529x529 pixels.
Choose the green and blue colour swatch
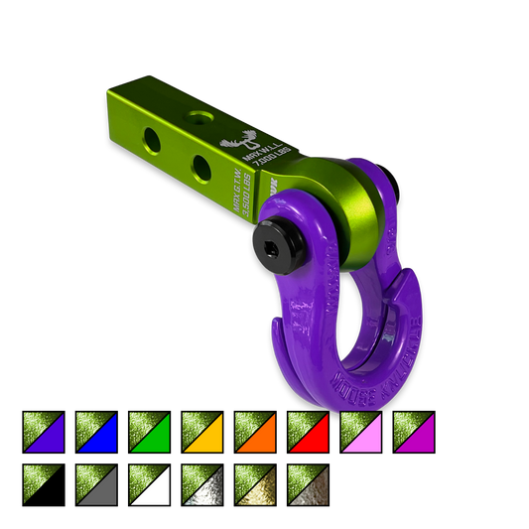(96, 432)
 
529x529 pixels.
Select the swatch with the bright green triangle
(149, 432)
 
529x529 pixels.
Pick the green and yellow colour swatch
(201, 432)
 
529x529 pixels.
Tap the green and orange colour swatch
(254, 432)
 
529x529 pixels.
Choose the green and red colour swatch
(307, 432)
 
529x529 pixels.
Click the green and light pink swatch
(359, 432)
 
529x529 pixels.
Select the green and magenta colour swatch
(412, 432)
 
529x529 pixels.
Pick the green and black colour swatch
(44, 484)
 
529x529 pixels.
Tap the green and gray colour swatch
(96, 484)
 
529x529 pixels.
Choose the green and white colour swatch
(149, 484)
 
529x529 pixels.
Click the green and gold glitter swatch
(254, 484)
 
